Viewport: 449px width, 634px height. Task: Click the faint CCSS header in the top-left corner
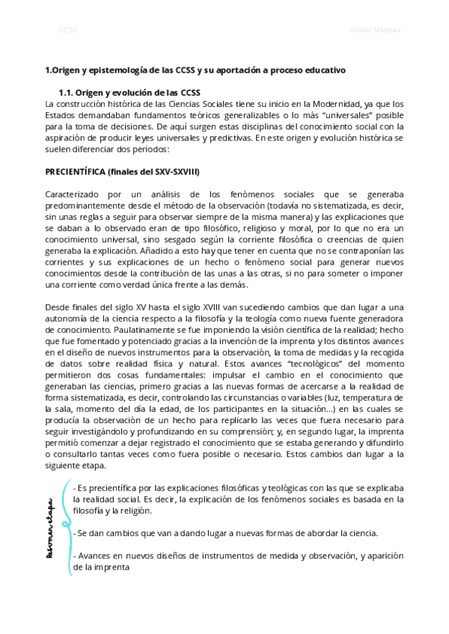67,29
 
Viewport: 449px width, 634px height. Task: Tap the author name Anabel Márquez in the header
375,29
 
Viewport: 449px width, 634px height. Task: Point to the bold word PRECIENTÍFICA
77,171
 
